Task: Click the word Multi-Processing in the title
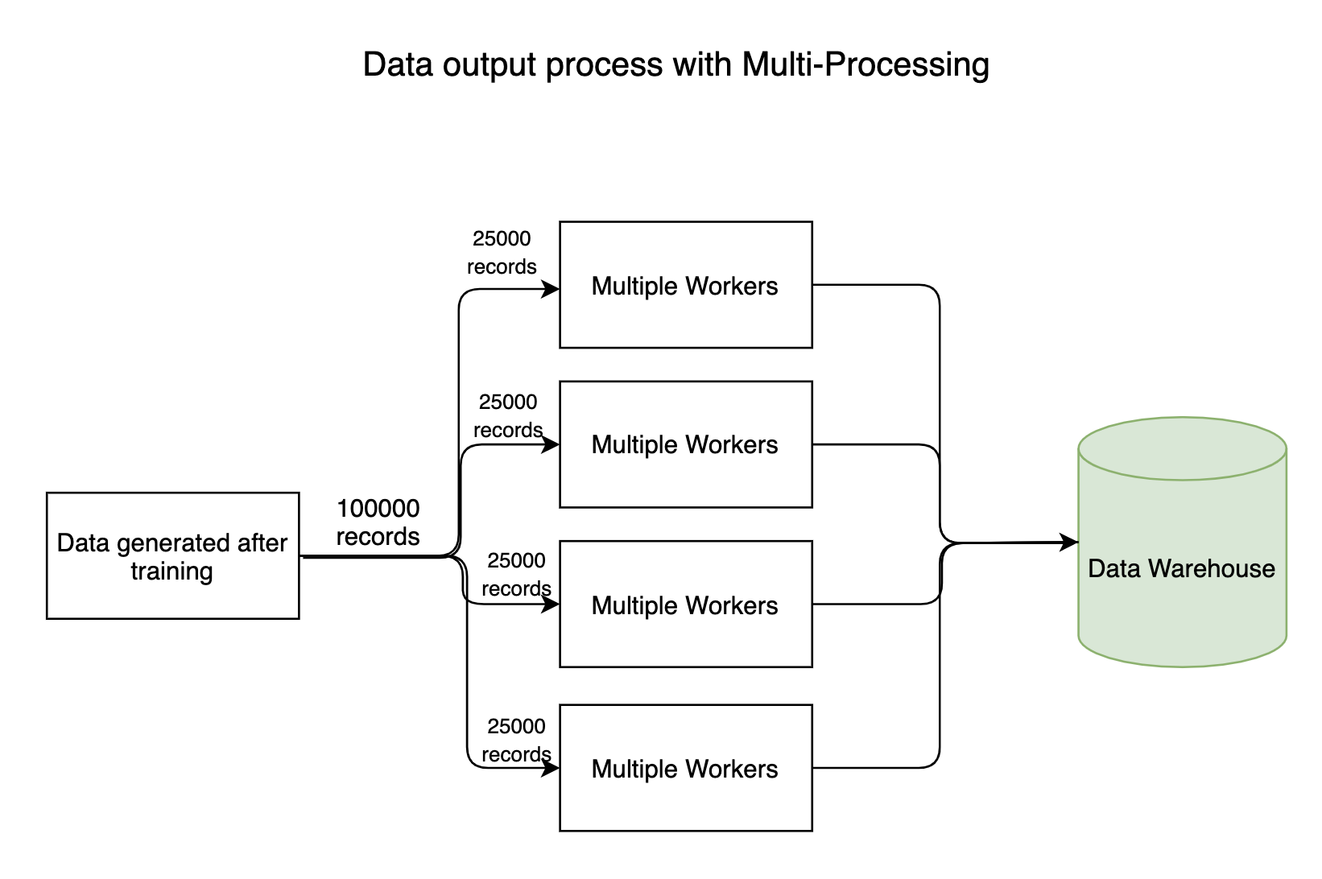pos(865,64)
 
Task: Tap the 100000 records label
pos(378,522)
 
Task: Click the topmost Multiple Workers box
pos(685,285)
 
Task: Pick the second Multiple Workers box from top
pos(685,444)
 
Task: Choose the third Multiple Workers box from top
pos(685,605)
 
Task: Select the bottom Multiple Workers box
pos(685,768)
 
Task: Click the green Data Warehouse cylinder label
pos(1181,568)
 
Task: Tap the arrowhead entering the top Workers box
pos(552,289)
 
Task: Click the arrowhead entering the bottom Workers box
pos(552,768)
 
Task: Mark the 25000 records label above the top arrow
pos(502,252)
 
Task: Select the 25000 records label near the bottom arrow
pos(516,740)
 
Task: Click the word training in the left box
pos(171,572)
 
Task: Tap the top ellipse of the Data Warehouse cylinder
pos(1181,448)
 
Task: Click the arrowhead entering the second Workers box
pos(552,444)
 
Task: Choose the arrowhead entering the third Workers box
pos(552,604)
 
